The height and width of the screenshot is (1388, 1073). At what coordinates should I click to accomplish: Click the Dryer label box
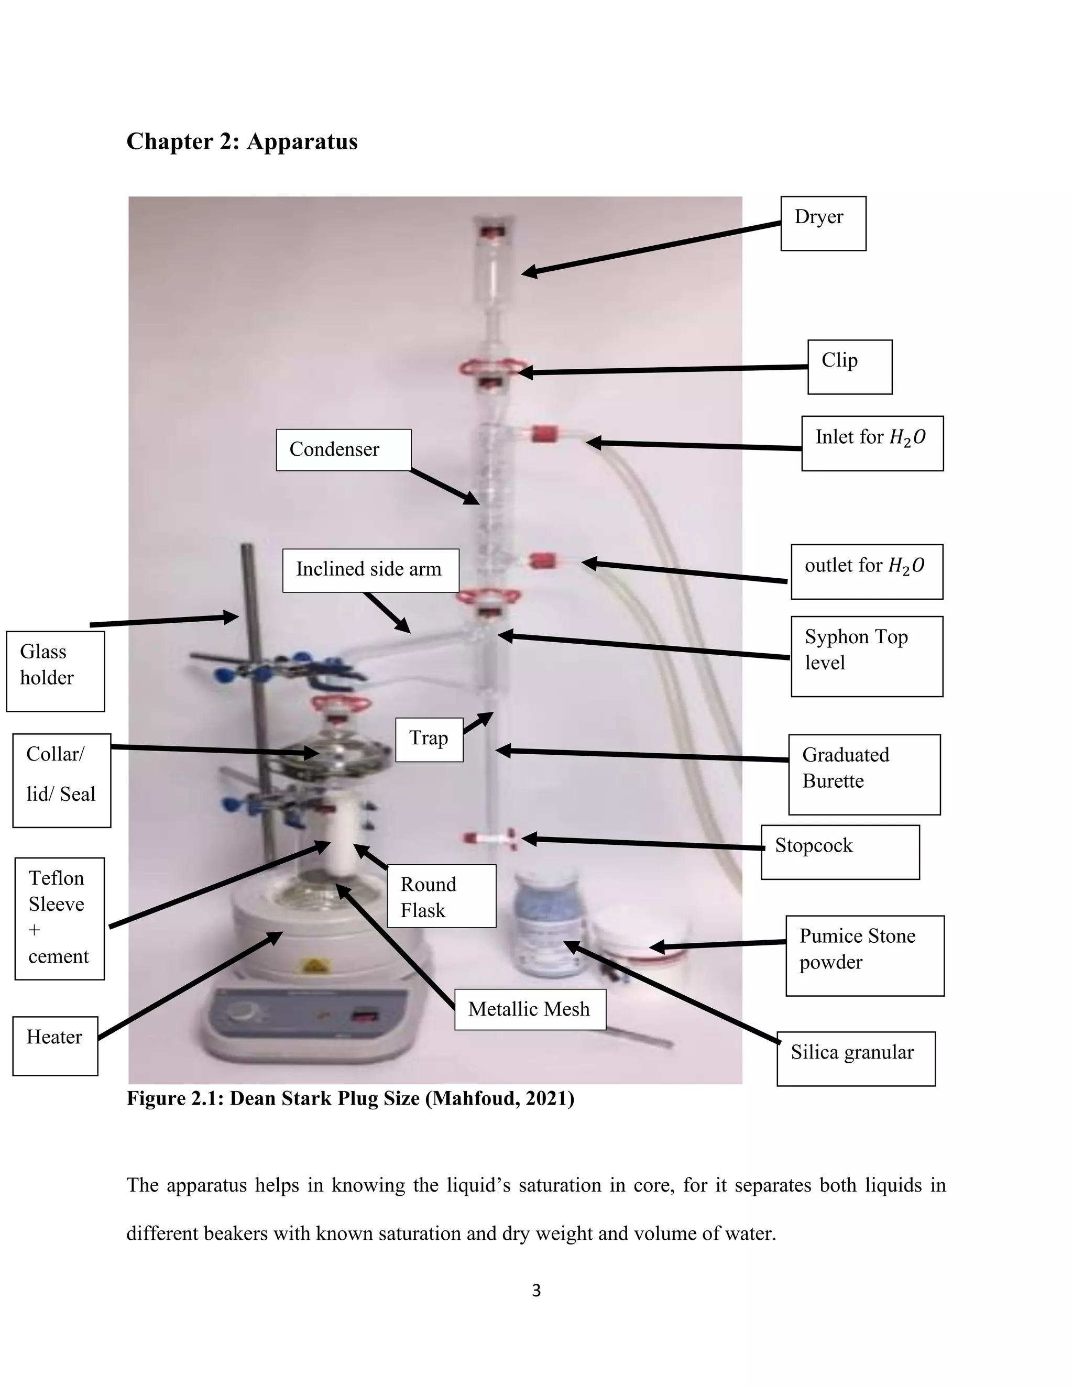(823, 223)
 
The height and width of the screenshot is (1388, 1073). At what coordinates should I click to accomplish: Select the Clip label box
(849, 367)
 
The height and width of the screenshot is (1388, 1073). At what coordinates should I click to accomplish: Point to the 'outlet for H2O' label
(867, 571)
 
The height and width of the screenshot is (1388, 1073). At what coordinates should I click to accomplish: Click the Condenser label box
(343, 450)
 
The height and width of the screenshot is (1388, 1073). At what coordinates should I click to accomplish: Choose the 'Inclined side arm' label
(370, 570)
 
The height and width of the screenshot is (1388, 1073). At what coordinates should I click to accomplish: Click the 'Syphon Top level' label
(867, 656)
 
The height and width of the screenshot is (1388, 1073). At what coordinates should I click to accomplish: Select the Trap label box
(429, 739)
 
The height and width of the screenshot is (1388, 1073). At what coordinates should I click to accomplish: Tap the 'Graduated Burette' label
(864, 774)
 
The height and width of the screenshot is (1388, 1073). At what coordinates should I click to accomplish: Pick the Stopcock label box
(840, 852)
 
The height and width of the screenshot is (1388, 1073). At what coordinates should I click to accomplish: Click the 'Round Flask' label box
(441, 896)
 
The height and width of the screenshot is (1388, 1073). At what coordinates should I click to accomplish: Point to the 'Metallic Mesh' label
(530, 1009)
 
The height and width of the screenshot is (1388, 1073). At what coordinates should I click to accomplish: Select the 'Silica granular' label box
(855, 1058)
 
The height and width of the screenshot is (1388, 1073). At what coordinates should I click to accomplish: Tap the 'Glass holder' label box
(56, 670)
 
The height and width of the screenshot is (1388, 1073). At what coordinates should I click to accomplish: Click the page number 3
(536, 1290)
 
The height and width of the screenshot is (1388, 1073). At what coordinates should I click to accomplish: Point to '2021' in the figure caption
(546, 1098)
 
